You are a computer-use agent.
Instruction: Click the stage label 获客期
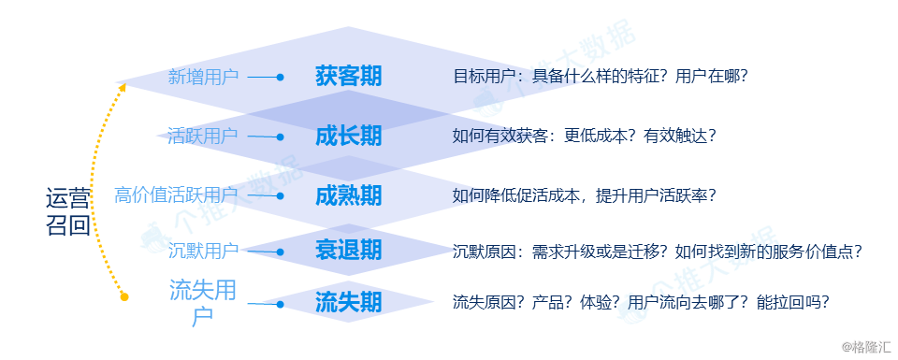coord(348,77)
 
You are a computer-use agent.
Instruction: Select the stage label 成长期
coord(348,137)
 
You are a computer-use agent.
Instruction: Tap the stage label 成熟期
coord(348,195)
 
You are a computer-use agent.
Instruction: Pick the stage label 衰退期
coord(348,250)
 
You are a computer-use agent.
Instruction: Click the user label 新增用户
coord(203,77)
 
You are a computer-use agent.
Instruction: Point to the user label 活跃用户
coord(202,137)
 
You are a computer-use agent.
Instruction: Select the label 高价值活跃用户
coord(176,195)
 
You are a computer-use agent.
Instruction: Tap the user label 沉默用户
coord(203,251)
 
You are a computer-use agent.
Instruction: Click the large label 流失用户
coord(202,303)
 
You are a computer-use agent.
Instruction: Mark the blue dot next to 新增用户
coord(280,78)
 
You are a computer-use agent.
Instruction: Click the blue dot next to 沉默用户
coord(280,252)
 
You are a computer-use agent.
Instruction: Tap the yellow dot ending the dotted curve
coord(124,297)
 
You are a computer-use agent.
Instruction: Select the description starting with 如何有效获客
coord(585,137)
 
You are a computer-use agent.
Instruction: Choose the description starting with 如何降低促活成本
coord(585,195)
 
